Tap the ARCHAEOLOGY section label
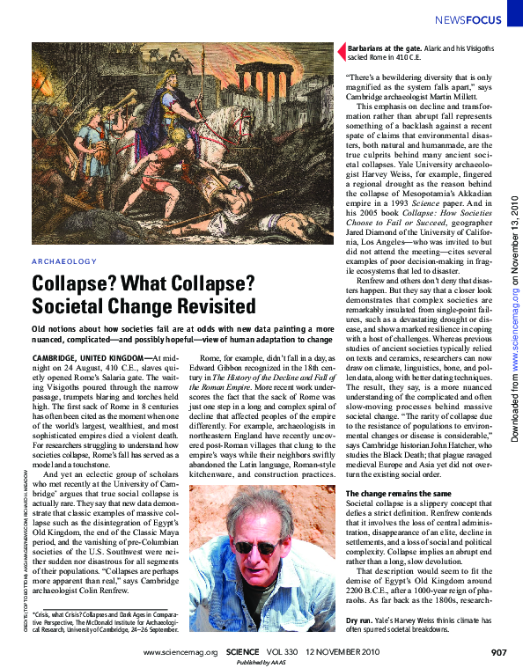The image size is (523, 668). [x=63, y=261]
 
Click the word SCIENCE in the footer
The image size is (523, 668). [x=241, y=652]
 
